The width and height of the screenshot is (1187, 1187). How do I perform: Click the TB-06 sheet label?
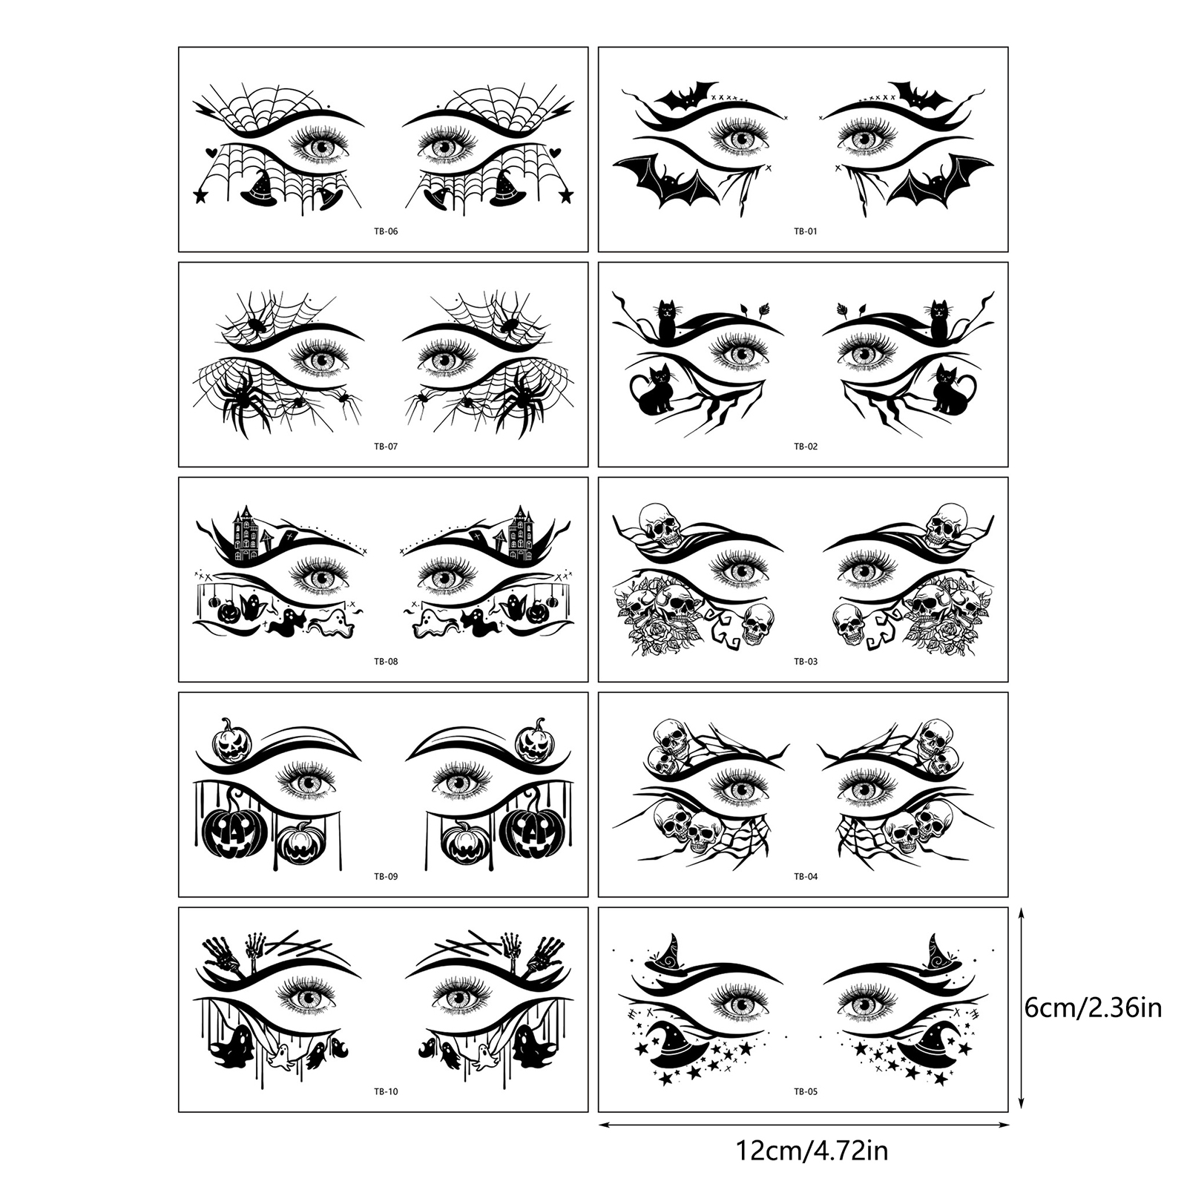[x=386, y=231]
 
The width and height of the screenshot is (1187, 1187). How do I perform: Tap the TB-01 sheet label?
[x=806, y=231]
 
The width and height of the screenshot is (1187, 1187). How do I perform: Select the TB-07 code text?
[x=386, y=447]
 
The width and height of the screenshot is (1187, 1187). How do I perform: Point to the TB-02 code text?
[x=806, y=447]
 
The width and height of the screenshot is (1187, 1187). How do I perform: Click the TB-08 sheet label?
[x=386, y=662]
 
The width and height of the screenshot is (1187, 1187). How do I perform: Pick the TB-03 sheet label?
[x=806, y=662]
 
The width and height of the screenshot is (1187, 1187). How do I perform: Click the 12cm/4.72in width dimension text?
[x=812, y=1152]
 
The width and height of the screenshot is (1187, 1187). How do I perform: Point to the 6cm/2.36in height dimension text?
[x=1093, y=1009]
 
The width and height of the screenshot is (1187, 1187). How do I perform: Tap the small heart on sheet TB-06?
[x=211, y=148]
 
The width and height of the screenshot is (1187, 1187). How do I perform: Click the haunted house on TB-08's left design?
[x=247, y=534]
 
